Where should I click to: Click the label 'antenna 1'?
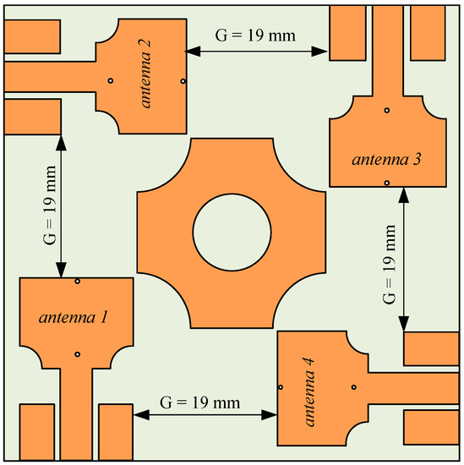pos(73,318)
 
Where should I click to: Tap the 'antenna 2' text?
pos(145,74)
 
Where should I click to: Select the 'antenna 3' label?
pos(386,160)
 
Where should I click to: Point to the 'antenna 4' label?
pos(309,391)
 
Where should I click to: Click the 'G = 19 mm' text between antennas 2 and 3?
pos(255,36)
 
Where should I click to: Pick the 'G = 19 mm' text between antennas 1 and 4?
pos(199,402)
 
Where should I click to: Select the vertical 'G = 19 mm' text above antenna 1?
pos(50,205)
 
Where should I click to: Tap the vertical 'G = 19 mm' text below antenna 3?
pos(389,265)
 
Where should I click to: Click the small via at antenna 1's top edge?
pos(77,281)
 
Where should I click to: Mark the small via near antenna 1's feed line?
pos(77,354)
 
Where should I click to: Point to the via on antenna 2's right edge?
pos(183,81)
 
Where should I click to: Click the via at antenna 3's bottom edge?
pos(386,183)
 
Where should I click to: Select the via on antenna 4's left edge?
pos(281,387)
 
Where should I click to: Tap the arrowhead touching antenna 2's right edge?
pos(193,52)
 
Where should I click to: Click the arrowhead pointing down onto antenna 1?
pos(61,270)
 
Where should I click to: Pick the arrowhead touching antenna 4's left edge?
pos(270,414)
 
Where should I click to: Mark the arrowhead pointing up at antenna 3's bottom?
pos(403,195)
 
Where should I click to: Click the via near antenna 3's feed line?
pos(386,110)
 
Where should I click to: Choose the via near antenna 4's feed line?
pos(353,387)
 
